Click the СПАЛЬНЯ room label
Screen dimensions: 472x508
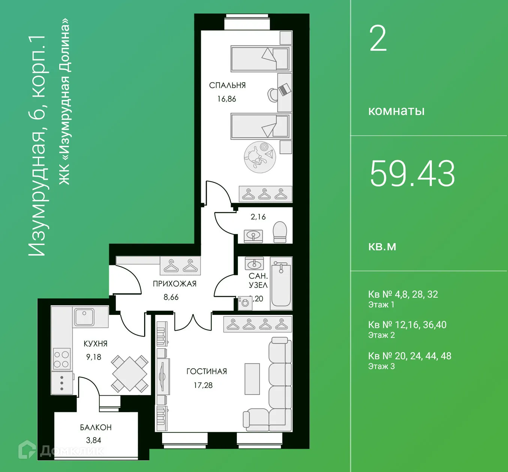pyautogui.click(x=227, y=85)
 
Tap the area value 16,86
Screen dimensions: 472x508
pyautogui.click(x=227, y=99)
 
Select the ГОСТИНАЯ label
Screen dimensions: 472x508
pyautogui.click(x=207, y=371)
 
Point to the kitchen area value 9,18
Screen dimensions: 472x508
pyautogui.click(x=94, y=357)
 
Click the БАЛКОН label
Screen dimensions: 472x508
pyautogui.click(x=96, y=427)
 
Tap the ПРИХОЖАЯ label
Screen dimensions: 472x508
pyautogui.click(x=174, y=284)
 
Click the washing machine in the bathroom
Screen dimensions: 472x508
pyautogui.click(x=245, y=303)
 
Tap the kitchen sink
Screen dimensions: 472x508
pyautogui.click(x=84, y=317)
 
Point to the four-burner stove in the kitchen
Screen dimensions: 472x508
pyautogui.click(x=62, y=359)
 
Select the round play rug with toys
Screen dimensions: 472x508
pyautogui.click(x=260, y=157)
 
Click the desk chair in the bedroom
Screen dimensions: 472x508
pyautogui.click(x=273, y=94)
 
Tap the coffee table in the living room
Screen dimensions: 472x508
pyautogui.click(x=252, y=379)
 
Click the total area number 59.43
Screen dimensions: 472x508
pyautogui.click(x=412, y=174)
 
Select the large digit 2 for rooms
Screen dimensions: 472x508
pyautogui.click(x=378, y=39)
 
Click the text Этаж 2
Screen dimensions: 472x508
pyautogui.click(x=381, y=335)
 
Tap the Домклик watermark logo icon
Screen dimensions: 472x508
pyautogui.click(x=27, y=449)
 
